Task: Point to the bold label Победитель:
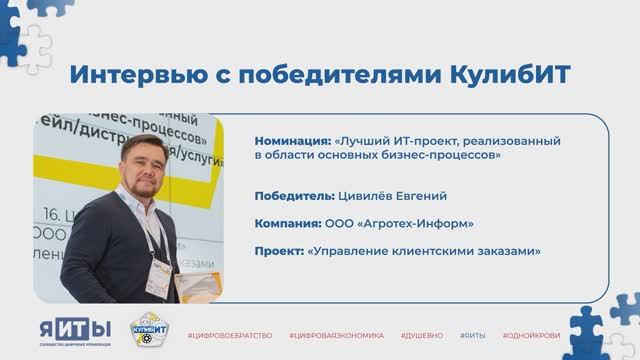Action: point(295,195)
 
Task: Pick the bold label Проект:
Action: point(279,251)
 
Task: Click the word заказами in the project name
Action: point(506,251)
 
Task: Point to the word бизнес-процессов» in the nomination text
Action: point(437,156)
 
